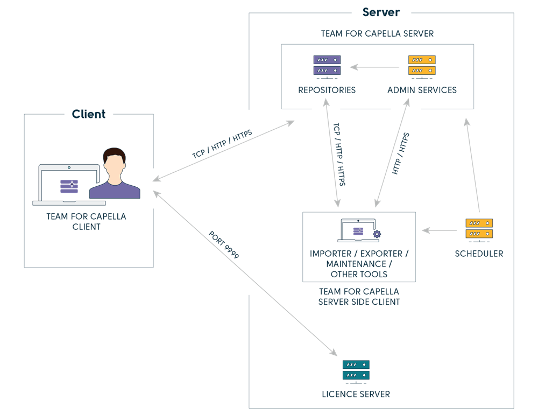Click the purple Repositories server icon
click(327, 66)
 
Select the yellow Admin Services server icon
click(422, 66)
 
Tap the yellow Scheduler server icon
click(479, 229)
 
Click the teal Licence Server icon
click(356, 371)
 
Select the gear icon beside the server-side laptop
click(377, 234)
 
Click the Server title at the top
click(381, 12)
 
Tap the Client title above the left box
click(89, 114)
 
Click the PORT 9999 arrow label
click(224, 245)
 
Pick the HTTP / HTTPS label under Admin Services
click(401, 153)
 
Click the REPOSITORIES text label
click(327, 90)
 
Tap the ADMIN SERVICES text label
click(422, 90)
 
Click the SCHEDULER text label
click(479, 254)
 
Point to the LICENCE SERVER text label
click(356, 394)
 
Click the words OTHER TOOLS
click(359, 274)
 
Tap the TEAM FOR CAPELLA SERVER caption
click(377, 33)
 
